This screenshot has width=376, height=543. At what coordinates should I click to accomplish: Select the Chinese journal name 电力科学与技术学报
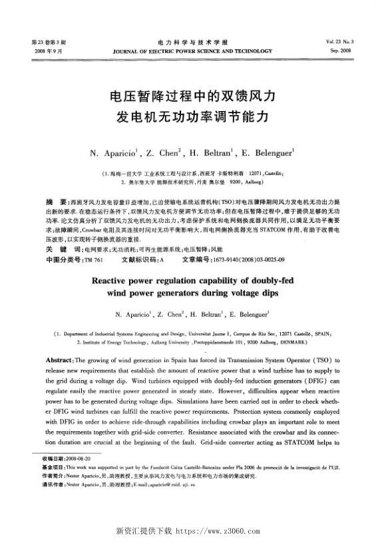coord(188,42)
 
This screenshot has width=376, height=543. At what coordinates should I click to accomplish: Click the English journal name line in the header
coord(188,51)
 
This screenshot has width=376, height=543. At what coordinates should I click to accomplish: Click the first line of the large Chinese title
coord(188,96)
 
